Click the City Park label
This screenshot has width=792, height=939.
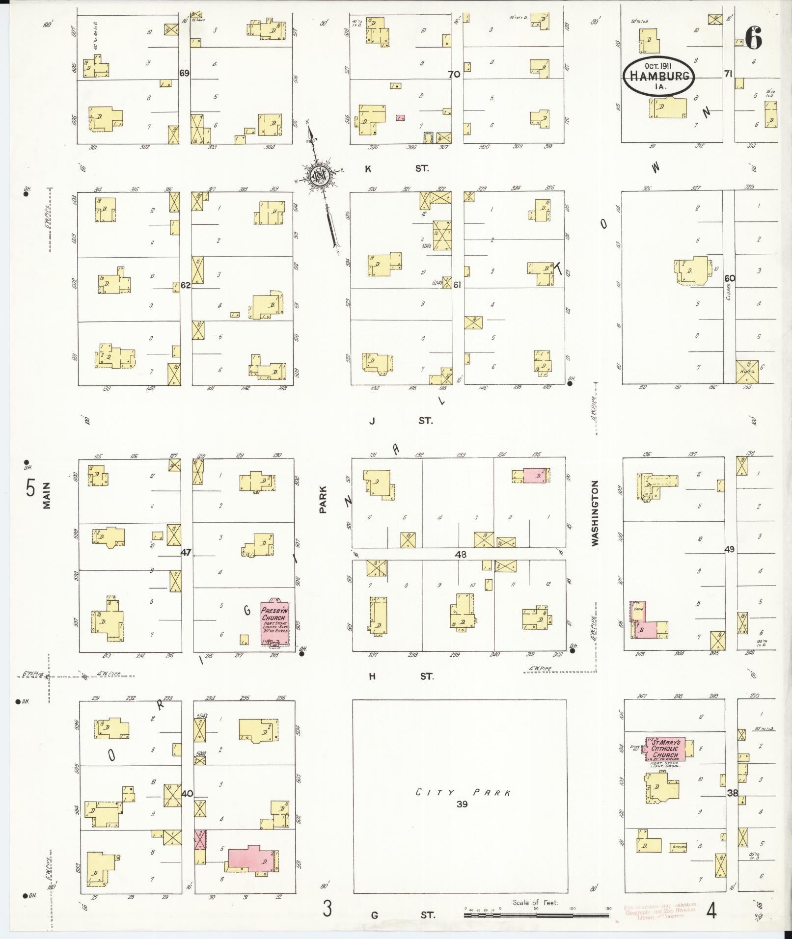[x=464, y=792]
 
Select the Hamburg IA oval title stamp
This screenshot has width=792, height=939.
[x=658, y=76]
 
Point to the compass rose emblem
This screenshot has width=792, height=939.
[x=319, y=176]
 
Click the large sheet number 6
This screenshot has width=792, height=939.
[x=754, y=37]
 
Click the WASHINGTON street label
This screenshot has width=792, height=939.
[x=596, y=513]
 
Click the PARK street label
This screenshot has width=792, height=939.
[x=323, y=500]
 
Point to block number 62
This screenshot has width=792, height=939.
[x=185, y=285]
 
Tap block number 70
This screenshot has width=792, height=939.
[x=454, y=75]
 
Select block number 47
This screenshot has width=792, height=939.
[x=186, y=552]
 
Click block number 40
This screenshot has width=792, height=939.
[x=187, y=794]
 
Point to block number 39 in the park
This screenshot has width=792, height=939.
[x=462, y=804]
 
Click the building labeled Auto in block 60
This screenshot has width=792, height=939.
[x=747, y=372]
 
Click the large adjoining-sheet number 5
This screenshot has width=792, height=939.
[x=31, y=488]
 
